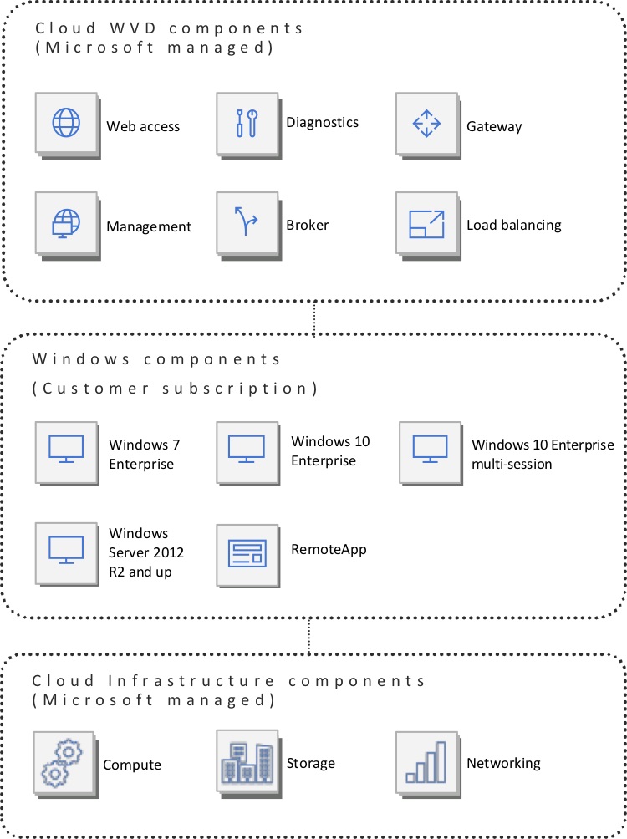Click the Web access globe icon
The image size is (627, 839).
coord(65,124)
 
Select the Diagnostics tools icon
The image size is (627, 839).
coord(246,124)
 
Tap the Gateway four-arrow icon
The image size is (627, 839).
coord(426,124)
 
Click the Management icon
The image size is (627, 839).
coord(65,223)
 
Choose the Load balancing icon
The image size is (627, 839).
coord(426,223)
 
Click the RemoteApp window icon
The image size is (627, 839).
coord(247,552)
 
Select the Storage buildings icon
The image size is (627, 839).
coord(246,760)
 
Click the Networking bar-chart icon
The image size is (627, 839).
coord(426,760)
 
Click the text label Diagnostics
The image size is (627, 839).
coord(322,123)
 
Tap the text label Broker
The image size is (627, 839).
coord(307,225)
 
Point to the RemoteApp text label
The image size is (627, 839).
coord(329,549)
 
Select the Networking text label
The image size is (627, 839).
coord(503,763)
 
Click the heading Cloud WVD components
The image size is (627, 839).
coord(169,28)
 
